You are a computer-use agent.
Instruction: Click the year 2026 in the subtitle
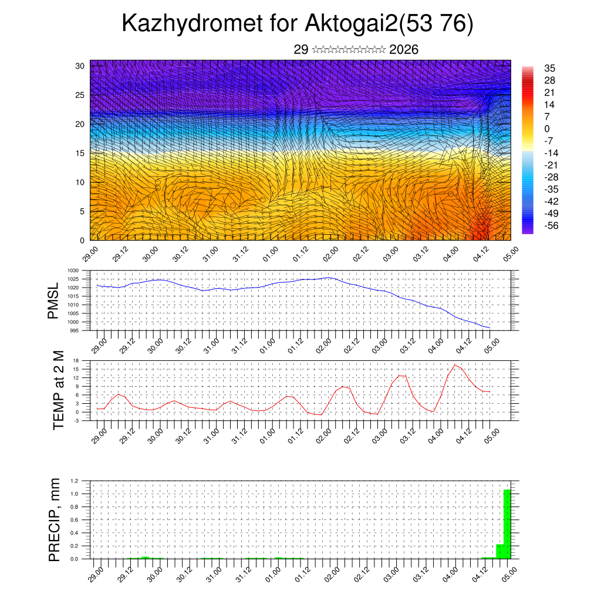(x=404, y=50)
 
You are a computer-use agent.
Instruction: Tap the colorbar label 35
(x=550, y=68)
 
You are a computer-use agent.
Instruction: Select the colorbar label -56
(x=551, y=225)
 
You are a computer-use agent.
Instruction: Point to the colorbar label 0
(x=547, y=129)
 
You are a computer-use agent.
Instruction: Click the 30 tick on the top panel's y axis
(x=79, y=66)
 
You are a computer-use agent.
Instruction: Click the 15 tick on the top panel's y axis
(x=79, y=153)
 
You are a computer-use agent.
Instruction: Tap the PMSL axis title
(x=53, y=301)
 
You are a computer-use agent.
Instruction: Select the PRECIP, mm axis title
(x=55, y=519)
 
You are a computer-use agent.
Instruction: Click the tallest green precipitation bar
(x=507, y=524)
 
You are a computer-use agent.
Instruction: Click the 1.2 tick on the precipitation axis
(x=75, y=481)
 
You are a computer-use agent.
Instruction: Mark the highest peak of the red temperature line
(x=455, y=365)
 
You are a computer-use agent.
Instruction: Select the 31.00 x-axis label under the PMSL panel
(x=213, y=345)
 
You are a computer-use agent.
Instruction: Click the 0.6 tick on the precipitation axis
(x=75, y=520)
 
